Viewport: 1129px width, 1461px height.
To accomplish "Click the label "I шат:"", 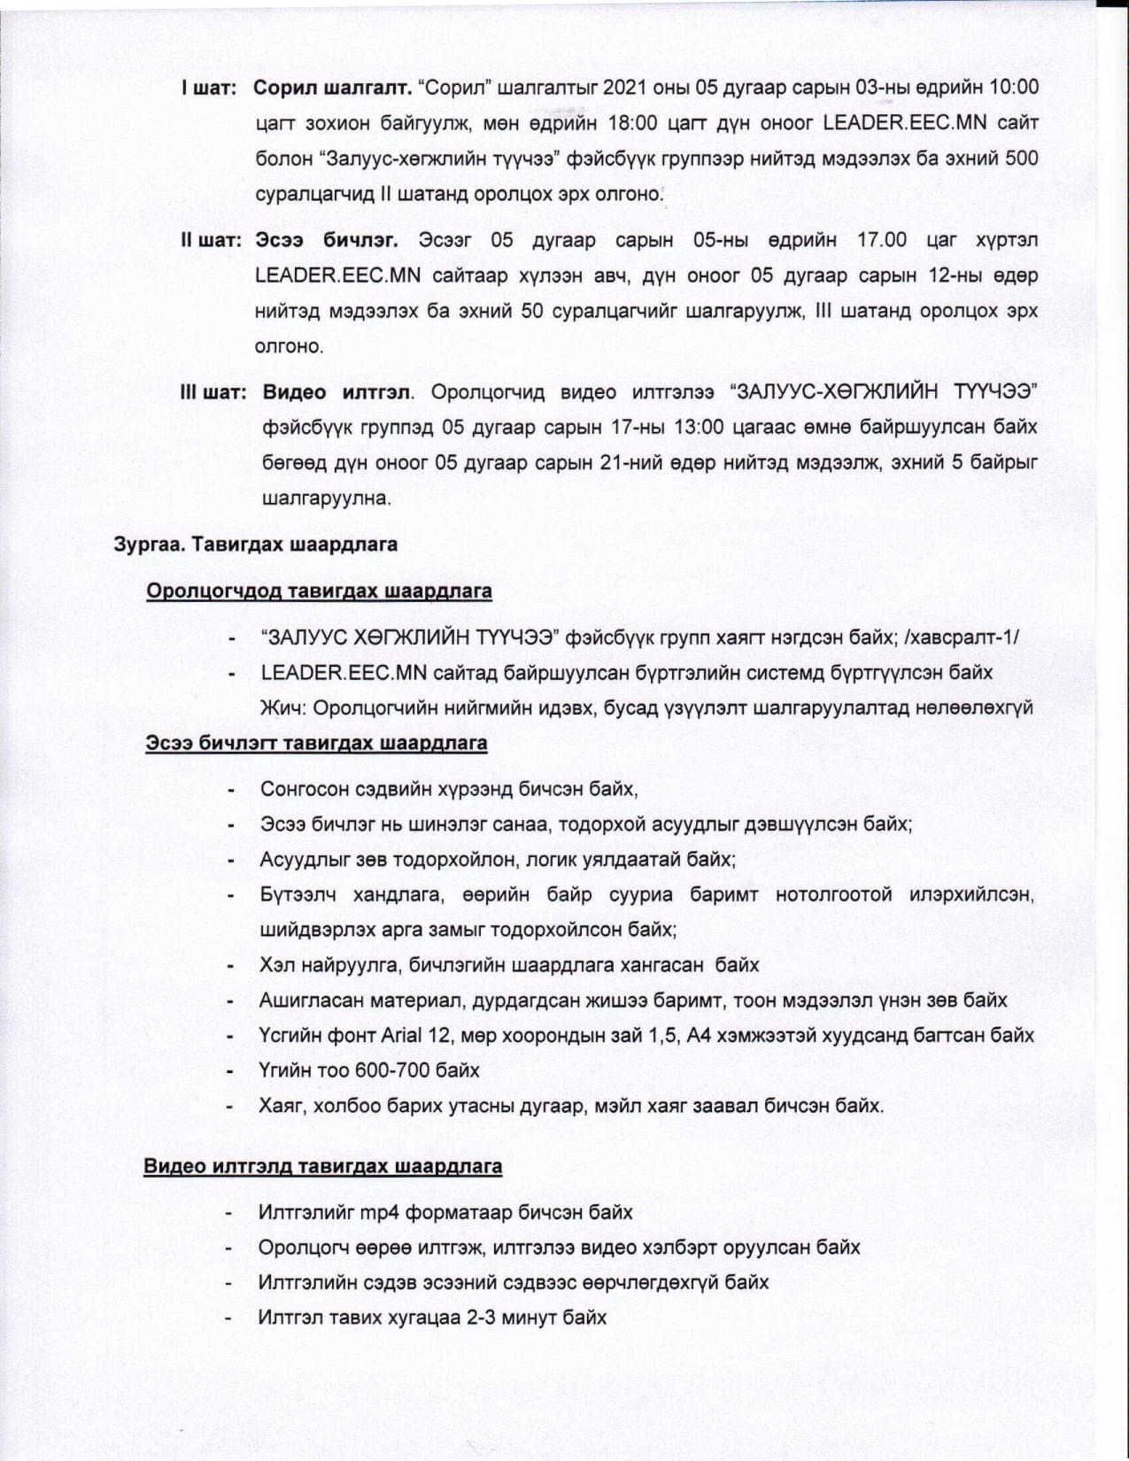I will [x=209, y=89].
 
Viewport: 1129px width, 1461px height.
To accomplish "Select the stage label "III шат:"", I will [x=213, y=392].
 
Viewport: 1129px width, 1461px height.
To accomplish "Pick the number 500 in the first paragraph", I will [x=1020, y=158].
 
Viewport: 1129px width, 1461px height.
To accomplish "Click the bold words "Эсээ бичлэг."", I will [x=327, y=241].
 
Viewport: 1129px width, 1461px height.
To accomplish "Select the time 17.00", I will [x=882, y=241].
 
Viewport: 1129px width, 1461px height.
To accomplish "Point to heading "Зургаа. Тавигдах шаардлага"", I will [x=255, y=544].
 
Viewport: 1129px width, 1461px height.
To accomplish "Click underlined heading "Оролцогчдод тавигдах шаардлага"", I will [x=319, y=591].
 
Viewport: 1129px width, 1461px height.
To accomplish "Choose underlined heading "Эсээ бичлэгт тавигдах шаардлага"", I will [x=316, y=743].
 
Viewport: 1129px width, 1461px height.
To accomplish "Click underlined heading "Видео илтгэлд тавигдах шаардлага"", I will [x=322, y=1166].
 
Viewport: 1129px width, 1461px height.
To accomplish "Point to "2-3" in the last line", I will [x=481, y=1318].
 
